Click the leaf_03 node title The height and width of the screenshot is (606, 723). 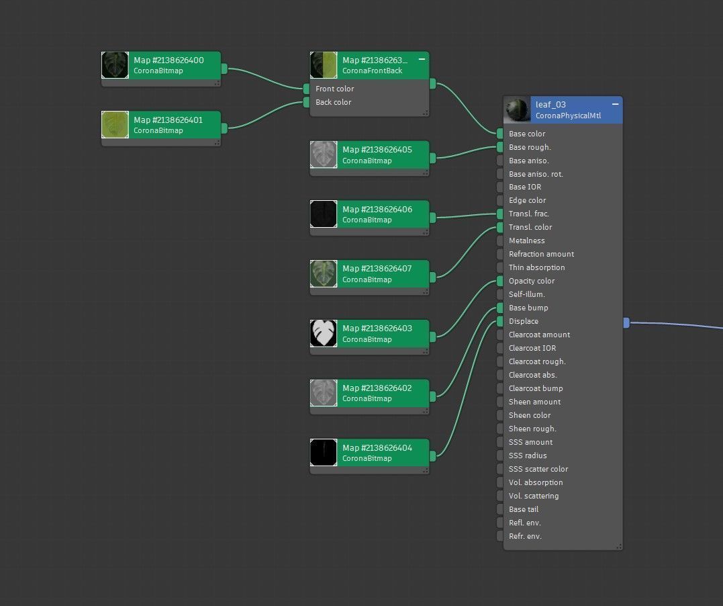(x=550, y=105)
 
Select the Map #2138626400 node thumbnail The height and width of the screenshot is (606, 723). (x=115, y=65)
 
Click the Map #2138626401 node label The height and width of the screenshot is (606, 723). (x=168, y=120)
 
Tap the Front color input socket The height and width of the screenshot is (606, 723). (x=306, y=89)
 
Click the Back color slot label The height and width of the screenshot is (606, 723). (x=334, y=102)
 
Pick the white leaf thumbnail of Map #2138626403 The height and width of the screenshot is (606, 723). (x=324, y=333)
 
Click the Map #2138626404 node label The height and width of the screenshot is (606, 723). (x=377, y=448)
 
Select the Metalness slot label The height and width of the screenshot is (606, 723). (x=527, y=241)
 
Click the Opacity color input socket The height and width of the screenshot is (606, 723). (x=500, y=281)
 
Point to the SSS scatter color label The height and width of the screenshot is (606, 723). (x=538, y=469)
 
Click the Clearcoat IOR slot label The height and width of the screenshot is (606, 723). (x=532, y=348)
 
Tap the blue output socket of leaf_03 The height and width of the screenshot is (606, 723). (x=626, y=322)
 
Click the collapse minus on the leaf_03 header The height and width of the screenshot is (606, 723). (x=615, y=105)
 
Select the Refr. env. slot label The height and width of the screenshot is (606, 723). (x=525, y=536)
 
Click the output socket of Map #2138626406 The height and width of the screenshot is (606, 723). (x=432, y=217)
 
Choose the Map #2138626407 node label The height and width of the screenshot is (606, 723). (x=377, y=269)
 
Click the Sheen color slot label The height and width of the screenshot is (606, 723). (x=530, y=415)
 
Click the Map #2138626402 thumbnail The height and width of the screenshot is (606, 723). (x=324, y=393)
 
